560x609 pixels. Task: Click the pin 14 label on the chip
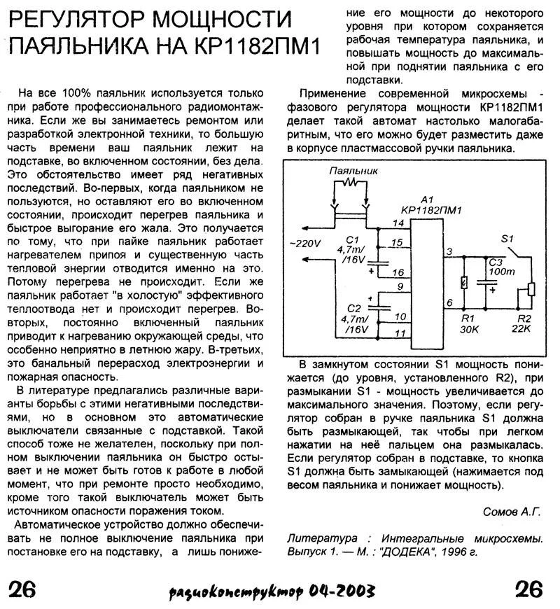tap(398, 223)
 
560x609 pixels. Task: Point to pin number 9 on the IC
tap(398, 286)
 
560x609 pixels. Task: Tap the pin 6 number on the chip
tap(449, 302)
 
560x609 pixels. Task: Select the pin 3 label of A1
tap(449, 251)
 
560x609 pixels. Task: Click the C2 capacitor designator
tap(352, 307)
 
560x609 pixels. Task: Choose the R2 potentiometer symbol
tap(531, 288)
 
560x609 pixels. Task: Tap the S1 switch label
tap(509, 239)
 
